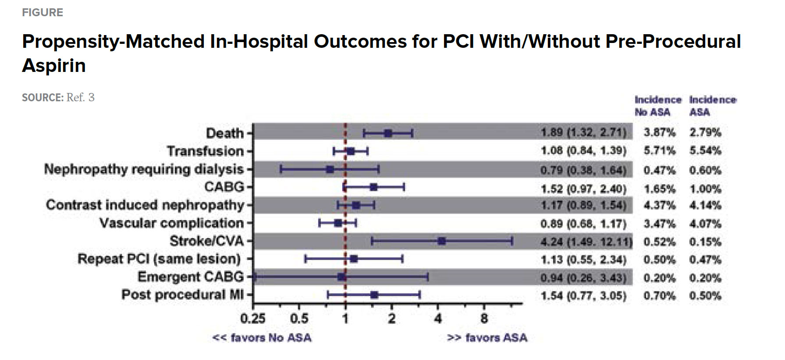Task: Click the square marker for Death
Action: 388,133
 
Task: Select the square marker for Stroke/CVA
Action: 442,241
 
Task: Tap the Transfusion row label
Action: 205,151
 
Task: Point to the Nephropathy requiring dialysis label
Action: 144,169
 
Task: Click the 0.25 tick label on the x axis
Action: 253,318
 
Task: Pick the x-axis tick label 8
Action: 484,318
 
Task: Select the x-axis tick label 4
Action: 438,318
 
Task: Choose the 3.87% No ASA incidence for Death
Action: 659,132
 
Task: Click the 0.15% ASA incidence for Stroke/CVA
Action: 705,242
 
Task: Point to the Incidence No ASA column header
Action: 657,106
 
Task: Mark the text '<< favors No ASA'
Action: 262,338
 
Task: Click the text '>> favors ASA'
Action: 487,338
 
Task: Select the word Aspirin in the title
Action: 54,66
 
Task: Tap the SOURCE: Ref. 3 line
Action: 58,97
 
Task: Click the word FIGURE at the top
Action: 43,12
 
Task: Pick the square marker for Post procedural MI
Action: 374,295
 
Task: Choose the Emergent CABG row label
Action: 190,277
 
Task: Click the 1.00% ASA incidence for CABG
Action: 705,189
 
